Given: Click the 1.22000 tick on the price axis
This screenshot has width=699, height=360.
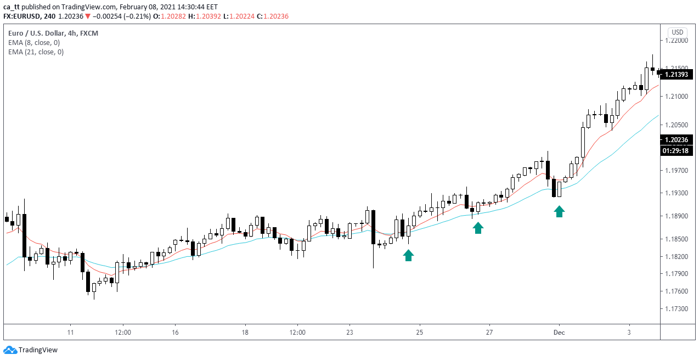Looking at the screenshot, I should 676,41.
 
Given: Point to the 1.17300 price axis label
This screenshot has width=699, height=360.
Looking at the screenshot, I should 676,309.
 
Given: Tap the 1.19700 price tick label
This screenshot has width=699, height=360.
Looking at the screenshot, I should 676,171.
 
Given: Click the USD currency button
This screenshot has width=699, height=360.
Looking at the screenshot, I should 677,32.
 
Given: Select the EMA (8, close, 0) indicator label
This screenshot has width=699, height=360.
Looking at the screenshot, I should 34,43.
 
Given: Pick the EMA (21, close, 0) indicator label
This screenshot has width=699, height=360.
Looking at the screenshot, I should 36,52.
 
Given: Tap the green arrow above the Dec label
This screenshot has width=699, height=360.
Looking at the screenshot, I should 559,211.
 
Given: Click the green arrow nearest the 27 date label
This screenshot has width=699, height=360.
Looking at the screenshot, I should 478,228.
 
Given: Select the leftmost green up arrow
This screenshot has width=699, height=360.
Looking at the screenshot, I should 408,255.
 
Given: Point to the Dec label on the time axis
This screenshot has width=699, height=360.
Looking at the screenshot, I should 559,333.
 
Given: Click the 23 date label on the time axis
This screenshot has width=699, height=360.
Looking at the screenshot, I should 350,333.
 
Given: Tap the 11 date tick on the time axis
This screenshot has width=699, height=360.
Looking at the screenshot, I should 70,333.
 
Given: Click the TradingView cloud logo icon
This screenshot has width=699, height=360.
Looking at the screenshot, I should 10,350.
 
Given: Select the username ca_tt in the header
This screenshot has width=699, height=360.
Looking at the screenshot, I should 12,7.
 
